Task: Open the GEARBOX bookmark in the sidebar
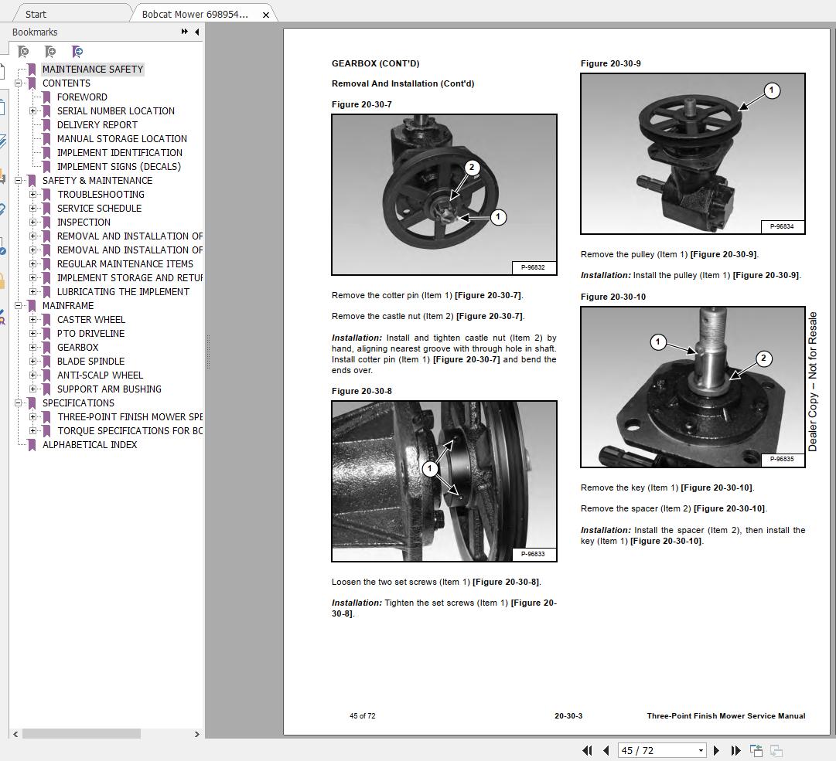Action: pos(77,347)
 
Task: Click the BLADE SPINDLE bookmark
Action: pos(90,361)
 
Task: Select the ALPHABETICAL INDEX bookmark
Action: pos(90,445)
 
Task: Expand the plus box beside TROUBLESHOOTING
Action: pos(33,195)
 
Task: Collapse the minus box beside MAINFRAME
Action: pos(18,306)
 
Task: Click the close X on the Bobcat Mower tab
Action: pos(265,15)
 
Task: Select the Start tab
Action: pos(36,15)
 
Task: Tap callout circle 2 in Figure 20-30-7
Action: pos(471,168)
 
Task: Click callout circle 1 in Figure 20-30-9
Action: pos(772,90)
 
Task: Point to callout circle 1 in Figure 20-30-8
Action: pos(430,469)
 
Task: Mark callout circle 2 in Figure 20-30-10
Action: pos(763,358)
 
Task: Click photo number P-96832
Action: pos(533,267)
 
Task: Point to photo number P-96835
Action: pos(782,459)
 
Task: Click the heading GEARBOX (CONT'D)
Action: pos(375,63)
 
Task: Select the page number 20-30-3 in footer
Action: pos(568,715)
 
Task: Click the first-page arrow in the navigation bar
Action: pos(587,750)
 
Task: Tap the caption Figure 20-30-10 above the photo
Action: pos(613,297)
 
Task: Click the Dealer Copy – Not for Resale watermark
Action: pos(813,382)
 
